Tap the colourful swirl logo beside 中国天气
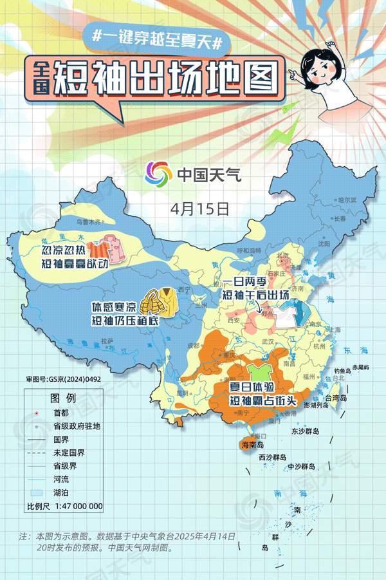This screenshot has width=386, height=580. [x=158, y=173]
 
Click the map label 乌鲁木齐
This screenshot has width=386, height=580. [x=89, y=221]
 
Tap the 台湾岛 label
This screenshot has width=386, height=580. [x=335, y=398]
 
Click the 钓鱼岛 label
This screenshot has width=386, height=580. [x=342, y=371]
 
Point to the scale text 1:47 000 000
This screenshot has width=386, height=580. [x=78, y=506]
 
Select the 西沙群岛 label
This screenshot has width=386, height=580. [x=273, y=457]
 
